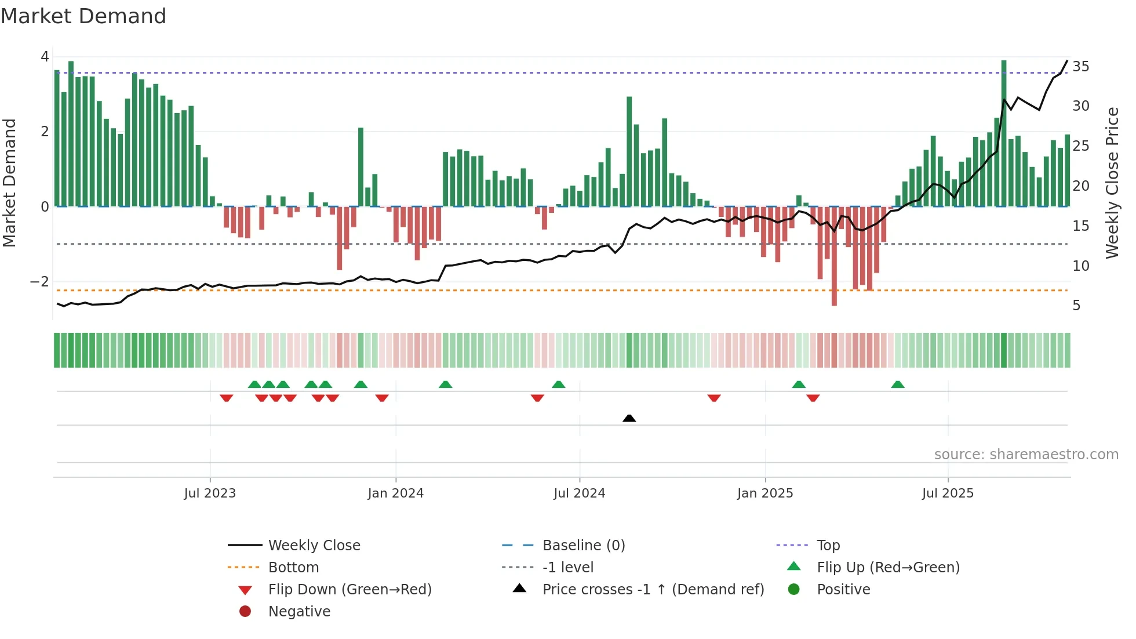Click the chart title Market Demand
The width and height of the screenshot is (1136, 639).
pos(83,16)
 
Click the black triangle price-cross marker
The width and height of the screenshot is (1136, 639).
pos(629,418)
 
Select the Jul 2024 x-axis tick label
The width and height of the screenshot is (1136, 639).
pos(579,493)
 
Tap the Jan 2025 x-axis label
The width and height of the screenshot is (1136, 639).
pos(764,493)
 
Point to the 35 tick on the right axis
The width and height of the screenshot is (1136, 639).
pos(1080,67)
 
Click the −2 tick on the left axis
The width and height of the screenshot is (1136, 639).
pos(39,282)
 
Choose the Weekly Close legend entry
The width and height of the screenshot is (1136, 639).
pos(314,546)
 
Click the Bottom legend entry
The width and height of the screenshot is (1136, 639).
pos(293,568)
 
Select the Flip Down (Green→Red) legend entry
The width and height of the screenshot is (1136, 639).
pos(349,590)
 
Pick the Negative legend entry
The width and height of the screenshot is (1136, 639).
pos(299,612)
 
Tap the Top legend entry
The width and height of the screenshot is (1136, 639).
pos(828,546)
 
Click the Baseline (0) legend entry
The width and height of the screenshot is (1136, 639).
pos(583,546)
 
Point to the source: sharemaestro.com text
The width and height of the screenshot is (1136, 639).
pos(1026,455)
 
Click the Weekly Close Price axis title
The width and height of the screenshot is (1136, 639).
pos(1112,183)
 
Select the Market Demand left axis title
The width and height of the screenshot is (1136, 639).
pos(10,183)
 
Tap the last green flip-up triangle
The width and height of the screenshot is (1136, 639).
pos(897,384)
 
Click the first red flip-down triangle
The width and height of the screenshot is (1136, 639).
pos(226,398)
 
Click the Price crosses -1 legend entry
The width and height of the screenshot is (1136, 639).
pos(653,590)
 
